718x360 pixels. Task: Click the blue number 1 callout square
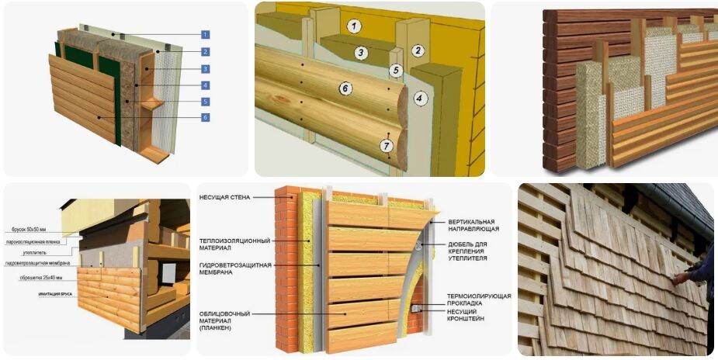[x=205, y=34]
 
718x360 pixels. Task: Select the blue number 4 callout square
[x=205, y=85]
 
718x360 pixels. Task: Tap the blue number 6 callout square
[x=205, y=117]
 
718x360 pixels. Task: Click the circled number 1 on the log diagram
[x=354, y=26]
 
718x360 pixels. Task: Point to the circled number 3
[x=361, y=53]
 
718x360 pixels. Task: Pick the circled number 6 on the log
[x=346, y=88]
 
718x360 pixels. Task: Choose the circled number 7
[x=387, y=145]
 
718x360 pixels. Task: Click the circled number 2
[x=418, y=51]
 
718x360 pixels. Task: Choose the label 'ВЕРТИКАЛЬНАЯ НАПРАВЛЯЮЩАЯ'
[x=473, y=225]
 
